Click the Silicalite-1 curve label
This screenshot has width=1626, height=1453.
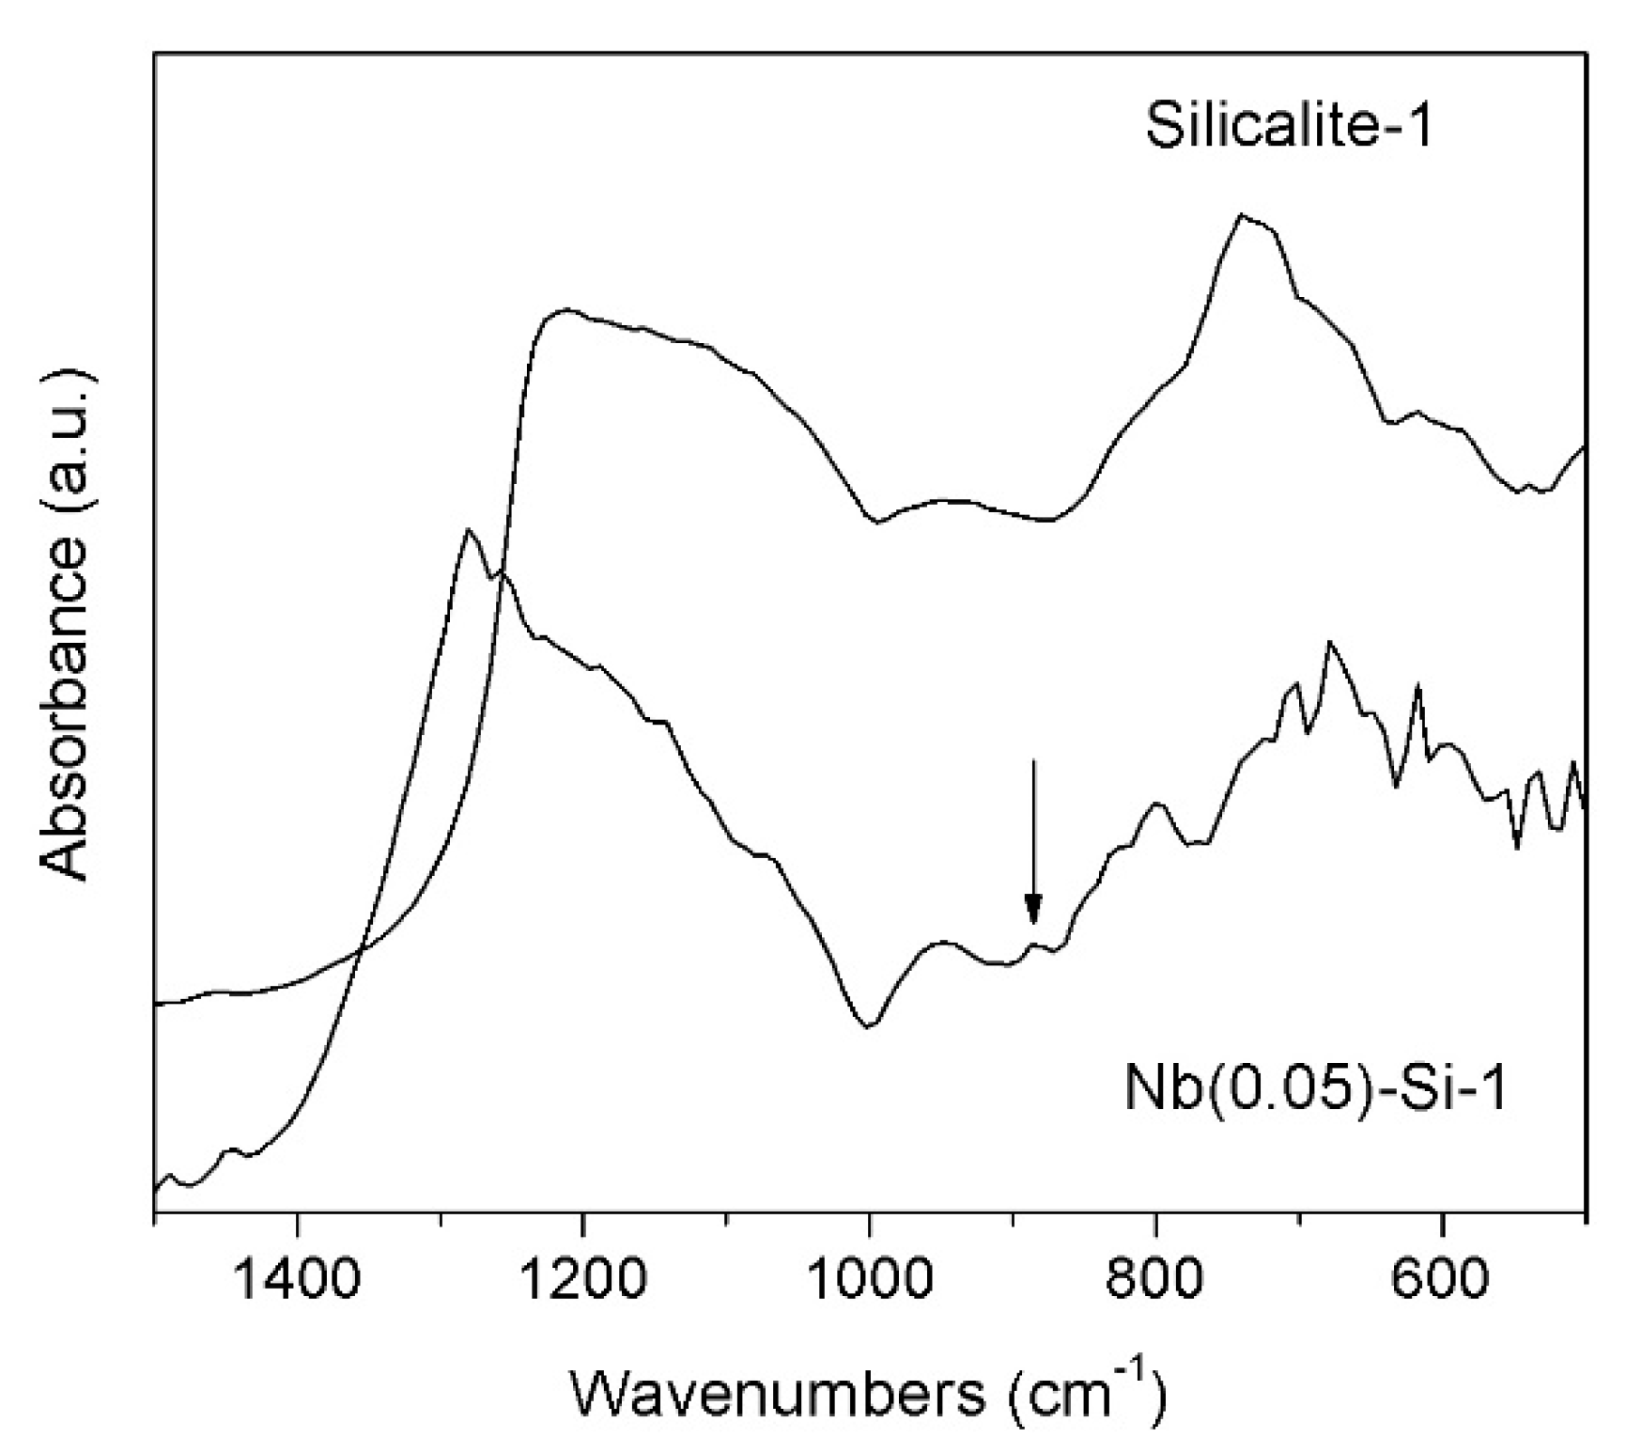coord(1289,127)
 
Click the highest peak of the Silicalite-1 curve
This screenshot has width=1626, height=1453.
coord(1242,215)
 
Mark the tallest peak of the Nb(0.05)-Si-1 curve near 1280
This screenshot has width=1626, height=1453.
coord(467,531)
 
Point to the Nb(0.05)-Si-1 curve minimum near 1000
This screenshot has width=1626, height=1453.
coord(868,1027)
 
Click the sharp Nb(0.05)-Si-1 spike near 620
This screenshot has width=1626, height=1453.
coord(1417,687)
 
